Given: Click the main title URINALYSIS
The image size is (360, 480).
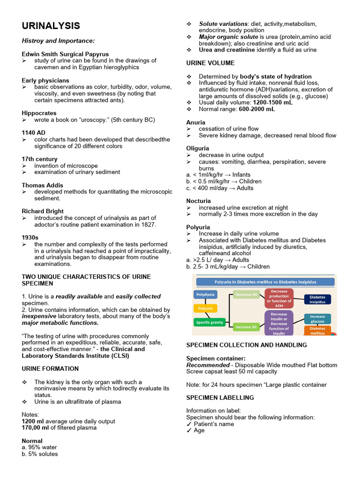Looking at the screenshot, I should pos(51,26).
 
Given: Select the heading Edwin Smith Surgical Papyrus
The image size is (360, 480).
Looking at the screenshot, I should pos(65,54).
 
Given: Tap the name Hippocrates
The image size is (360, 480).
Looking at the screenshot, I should pos(39,113).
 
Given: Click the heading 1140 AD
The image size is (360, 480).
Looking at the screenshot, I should pos(33,133).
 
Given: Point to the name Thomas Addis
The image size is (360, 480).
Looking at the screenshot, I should pos(42,186).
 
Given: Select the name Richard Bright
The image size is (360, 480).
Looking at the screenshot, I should pos(43,211).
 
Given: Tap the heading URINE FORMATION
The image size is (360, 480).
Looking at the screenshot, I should pos(50,369).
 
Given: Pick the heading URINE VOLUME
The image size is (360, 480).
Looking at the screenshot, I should pos(210,63).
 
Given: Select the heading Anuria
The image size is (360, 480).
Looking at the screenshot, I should pos(196,122).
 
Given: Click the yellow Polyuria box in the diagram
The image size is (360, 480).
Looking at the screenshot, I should pos(205,308).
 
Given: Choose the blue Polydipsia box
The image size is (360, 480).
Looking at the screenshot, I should pos(205,294).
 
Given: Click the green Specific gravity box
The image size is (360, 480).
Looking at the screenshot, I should pos(209,322).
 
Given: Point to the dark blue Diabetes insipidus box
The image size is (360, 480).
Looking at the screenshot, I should pos(317,300).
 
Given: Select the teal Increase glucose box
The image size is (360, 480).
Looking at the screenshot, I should pos(317,319).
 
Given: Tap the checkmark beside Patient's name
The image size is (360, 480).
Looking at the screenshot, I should pos(189,424).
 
